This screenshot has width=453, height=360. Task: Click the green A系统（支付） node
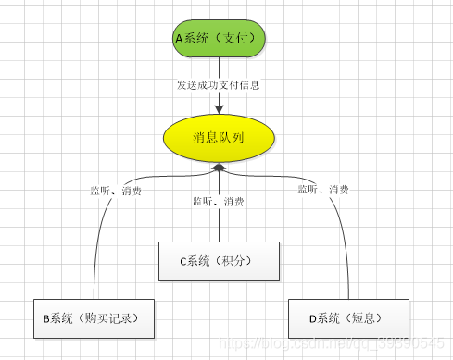click(x=220, y=39)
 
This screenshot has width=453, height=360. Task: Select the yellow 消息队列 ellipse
click(x=219, y=138)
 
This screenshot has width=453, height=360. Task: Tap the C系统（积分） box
click(x=219, y=261)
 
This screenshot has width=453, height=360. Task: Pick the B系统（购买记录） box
click(x=94, y=318)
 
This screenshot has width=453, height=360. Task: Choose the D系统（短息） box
click(x=347, y=318)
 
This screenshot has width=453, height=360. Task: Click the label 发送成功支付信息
click(x=218, y=85)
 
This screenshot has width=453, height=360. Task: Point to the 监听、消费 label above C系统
click(x=219, y=201)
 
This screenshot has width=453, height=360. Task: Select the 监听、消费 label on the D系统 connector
click(x=323, y=190)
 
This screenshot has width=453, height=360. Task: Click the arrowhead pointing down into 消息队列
click(x=220, y=108)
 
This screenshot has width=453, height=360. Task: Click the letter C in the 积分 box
click(x=184, y=262)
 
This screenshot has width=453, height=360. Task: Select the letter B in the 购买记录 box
click(x=45, y=319)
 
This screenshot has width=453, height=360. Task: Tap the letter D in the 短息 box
click(x=313, y=319)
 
